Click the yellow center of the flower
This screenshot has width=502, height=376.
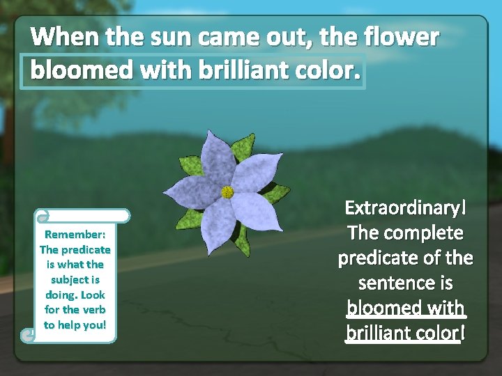(227, 191)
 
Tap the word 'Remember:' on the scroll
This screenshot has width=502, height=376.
(75, 234)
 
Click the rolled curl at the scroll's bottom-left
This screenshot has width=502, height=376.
(29, 336)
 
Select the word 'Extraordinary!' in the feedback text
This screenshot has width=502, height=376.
(406, 208)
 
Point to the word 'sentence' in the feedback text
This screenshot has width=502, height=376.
(406, 283)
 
